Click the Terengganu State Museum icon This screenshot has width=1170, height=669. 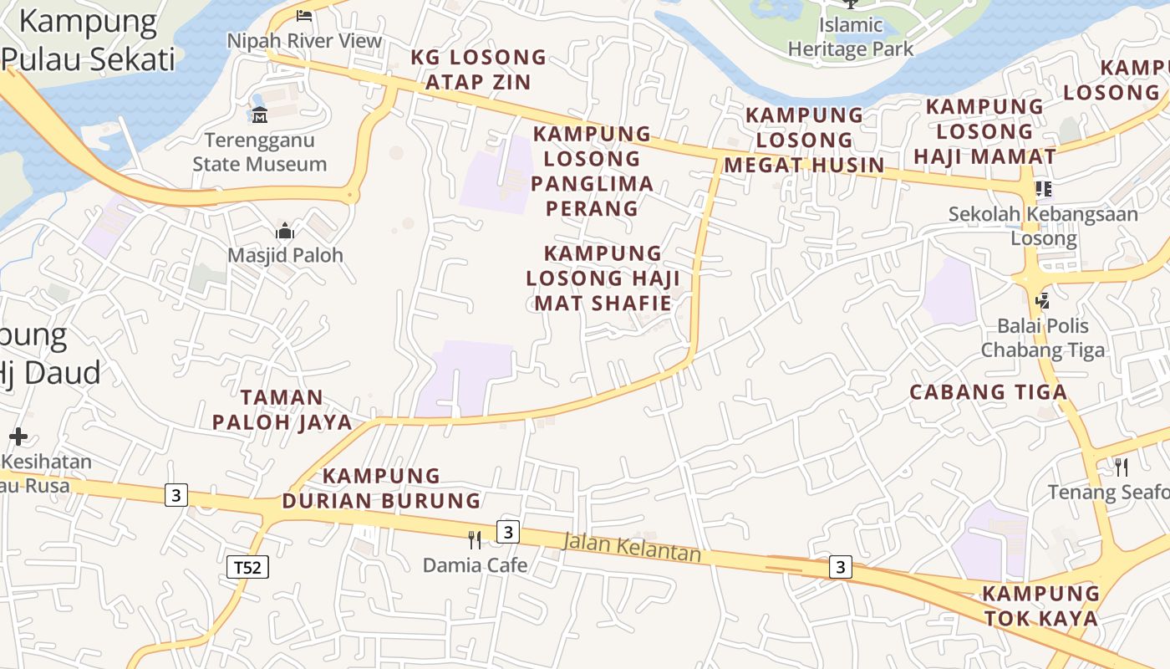pos(259,115)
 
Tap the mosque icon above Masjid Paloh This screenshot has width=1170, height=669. pos(285,230)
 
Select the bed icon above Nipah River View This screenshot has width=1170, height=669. pos(304,15)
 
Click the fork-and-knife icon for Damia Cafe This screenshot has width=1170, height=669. pos(475,539)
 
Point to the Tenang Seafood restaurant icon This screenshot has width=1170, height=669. pos(1122,467)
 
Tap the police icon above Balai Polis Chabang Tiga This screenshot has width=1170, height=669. pos(1042,299)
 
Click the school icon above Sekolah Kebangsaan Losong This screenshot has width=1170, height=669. pos(1042,189)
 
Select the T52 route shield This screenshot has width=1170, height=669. pos(247,568)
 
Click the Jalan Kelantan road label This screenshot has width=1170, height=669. pos(631,548)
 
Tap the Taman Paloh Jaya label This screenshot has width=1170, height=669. pos(282,410)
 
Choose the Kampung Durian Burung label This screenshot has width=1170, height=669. pos(381,488)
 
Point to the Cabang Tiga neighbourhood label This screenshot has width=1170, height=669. pos(988,392)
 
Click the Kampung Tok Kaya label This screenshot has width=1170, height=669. pos(1040,606)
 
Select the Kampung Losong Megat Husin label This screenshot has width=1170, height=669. pos(804,140)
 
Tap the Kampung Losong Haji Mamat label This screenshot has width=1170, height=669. pos(984,131)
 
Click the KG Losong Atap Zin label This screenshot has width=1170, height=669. pos(478,69)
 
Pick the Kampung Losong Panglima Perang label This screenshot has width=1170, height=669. pos(592,171)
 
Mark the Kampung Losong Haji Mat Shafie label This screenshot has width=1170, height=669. pos(603,278)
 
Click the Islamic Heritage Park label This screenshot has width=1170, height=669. pos(851,38)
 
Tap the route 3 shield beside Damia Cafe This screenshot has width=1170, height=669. pos(507,532)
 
